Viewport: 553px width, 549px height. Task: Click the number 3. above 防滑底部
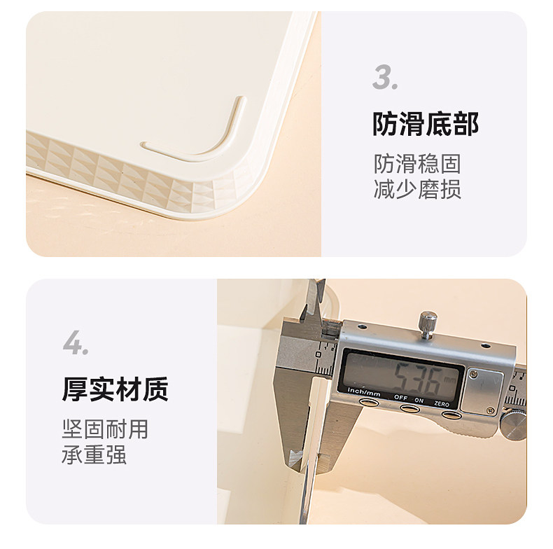click(x=385, y=77)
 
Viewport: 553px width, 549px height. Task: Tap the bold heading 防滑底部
click(x=426, y=124)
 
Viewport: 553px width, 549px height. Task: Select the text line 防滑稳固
click(x=417, y=164)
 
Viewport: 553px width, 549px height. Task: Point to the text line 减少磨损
click(x=417, y=189)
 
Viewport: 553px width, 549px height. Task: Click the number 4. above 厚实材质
click(x=76, y=342)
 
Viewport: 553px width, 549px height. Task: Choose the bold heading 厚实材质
click(x=115, y=389)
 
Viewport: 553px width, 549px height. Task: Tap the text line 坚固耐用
click(x=105, y=429)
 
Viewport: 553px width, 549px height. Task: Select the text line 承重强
click(x=94, y=454)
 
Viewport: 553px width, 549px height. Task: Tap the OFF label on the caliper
click(x=400, y=397)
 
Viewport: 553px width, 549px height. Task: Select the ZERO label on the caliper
click(x=442, y=403)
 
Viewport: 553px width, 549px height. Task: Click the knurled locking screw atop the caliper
click(x=428, y=324)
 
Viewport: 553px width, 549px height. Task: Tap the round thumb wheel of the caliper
click(x=514, y=425)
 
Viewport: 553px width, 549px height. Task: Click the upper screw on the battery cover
click(x=475, y=374)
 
